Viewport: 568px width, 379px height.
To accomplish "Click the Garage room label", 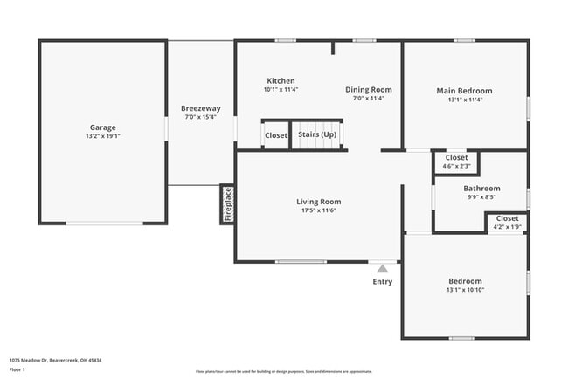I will [102, 127].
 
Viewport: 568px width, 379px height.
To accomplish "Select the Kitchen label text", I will [281, 80].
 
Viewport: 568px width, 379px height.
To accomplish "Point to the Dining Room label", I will [368, 89].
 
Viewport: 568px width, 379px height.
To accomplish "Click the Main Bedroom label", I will [464, 90].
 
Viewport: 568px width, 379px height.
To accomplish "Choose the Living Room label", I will [318, 202].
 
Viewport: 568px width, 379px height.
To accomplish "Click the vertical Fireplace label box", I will [227, 204].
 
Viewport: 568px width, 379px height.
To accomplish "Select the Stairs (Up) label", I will [317, 135].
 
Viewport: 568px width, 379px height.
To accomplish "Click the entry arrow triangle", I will [382, 269].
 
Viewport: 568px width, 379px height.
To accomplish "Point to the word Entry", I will [383, 281].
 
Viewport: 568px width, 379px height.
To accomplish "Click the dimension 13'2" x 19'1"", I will [102, 137].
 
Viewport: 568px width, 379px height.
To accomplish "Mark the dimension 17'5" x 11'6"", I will [318, 210].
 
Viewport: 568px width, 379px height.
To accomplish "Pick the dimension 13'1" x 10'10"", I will [464, 290].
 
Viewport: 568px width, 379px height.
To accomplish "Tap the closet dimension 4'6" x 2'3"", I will [456, 166].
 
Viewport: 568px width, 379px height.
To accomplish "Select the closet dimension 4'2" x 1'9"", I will [507, 227].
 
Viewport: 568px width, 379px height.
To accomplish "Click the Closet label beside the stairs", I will [276, 135].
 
